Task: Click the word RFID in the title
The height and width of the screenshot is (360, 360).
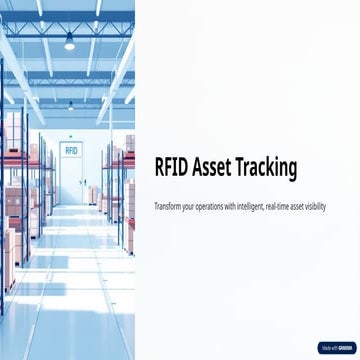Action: (x=174, y=169)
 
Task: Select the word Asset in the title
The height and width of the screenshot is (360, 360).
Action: (x=219, y=169)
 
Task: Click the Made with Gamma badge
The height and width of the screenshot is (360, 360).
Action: (x=337, y=348)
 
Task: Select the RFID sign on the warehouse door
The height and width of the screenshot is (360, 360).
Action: (x=70, y=149)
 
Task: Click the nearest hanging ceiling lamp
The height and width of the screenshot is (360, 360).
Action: (x=69, y=42)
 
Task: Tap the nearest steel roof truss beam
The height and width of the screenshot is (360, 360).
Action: (x=70, y=22)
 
